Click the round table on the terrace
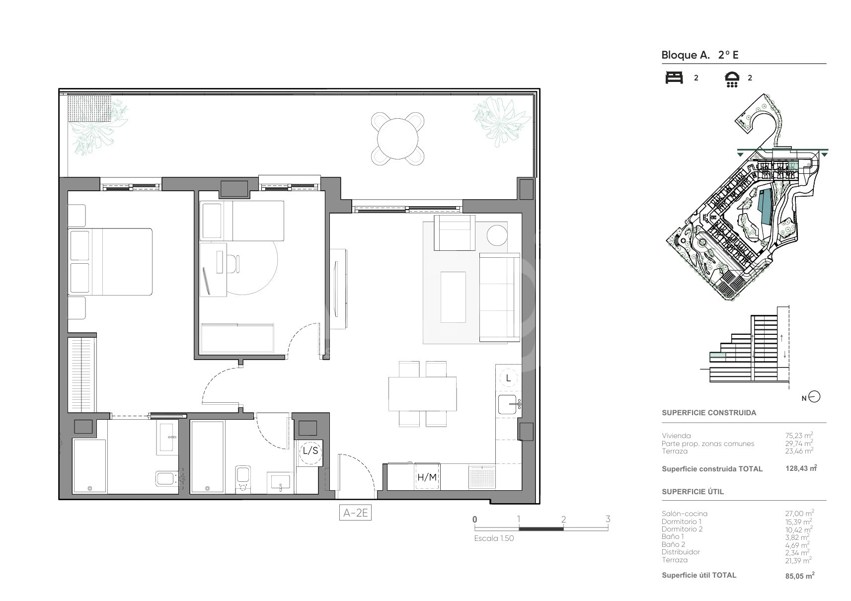click(397, 139)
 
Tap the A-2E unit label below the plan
click(355, 513)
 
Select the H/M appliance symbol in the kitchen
click(427, 477)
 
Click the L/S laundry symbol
click(310, 451)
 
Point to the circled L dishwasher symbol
click(508, 378)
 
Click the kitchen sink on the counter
click(508, 404)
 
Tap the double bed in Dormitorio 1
click(110, 262)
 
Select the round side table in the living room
click(497, 235)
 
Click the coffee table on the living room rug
click(453, 297)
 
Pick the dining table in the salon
click(422, 393)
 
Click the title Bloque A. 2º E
click(700, 55)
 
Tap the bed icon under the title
click(674, 77)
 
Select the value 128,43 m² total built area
click(801, 468)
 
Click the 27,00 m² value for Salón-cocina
click(799, 514)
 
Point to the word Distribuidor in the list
click(681, 552)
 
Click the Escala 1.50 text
click(494, 538)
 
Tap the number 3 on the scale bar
click(608, 519)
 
